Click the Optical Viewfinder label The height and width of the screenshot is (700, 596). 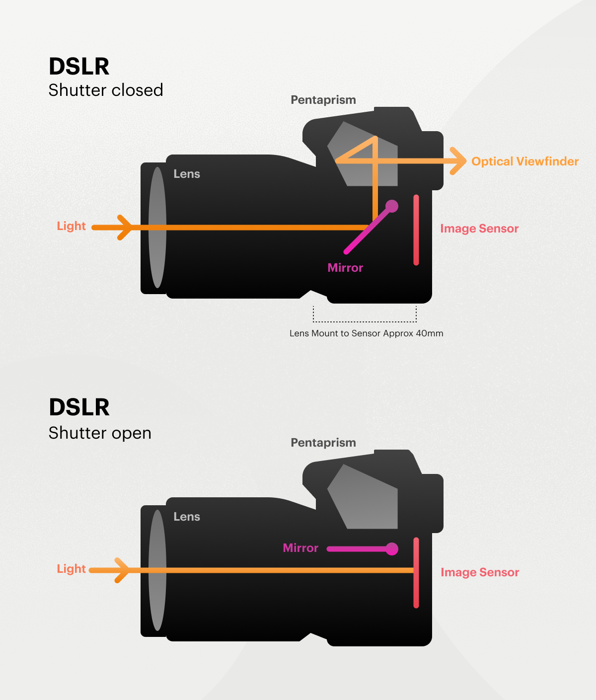coord(524,161)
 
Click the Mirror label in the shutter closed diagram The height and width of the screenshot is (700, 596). coord(345,268)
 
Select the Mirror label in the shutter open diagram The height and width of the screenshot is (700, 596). coord(300,548)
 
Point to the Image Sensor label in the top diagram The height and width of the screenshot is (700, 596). coord(479,229)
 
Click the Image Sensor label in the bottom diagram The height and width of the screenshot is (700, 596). coord(480,572)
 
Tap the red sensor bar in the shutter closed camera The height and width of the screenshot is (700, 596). coord(416,230)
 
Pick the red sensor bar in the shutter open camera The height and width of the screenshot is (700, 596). coord(416,572)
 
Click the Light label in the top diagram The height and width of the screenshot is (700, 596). coord(71,226)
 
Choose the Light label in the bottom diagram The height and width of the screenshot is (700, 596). coord(71,569)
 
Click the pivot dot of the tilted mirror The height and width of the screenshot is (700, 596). coord(392,206)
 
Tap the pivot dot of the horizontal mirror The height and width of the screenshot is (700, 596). coord(392,548)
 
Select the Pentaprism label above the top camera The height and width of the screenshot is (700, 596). coord(323,100)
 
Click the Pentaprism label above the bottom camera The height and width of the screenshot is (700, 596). coord(323,443)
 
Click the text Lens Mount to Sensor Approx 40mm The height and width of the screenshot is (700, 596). coord(366,333)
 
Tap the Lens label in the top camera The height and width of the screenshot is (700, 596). coord(187,174)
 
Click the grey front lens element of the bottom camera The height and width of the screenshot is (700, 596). coord(157,570)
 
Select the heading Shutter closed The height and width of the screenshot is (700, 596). coord(106,90)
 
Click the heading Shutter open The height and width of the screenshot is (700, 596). coord(100,433)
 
